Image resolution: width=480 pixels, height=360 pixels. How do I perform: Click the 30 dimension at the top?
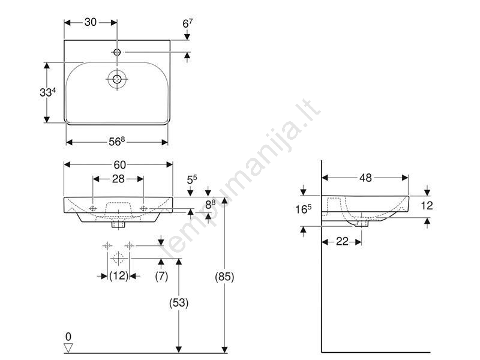pos(91,22)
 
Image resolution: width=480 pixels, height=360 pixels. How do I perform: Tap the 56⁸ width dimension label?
pos(117,142)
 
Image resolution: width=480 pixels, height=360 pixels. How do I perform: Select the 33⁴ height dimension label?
pos(48,92)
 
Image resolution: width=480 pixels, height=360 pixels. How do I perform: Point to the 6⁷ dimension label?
pos(188,23)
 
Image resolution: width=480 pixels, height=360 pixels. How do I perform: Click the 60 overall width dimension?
pos(119,165)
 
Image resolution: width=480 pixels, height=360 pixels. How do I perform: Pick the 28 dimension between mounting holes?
pos(118,179)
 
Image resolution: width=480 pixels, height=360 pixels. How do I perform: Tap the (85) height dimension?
pos(224,277)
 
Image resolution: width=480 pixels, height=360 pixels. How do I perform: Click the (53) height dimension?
pos(179,303)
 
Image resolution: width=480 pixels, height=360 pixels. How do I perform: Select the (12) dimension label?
pos(119,276)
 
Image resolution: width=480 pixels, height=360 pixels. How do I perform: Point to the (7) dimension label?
pos(161,276)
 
